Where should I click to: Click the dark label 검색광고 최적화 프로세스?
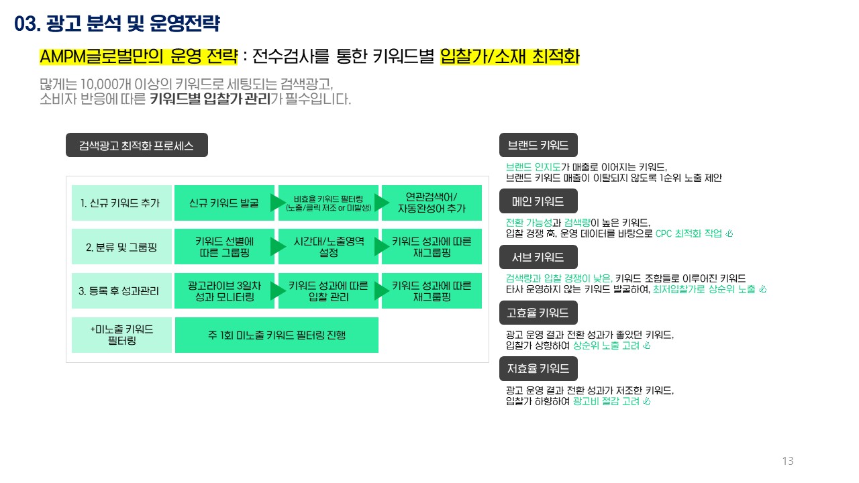137,146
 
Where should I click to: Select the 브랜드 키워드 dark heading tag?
538,146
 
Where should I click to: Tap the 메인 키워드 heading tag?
538,201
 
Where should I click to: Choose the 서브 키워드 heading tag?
538,257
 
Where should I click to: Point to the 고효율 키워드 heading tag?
538,313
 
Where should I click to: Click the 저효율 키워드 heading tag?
538,368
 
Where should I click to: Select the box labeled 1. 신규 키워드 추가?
121,203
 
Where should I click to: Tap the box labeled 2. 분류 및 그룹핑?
121,247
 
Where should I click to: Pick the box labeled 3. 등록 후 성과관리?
121,290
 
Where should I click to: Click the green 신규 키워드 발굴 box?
224,203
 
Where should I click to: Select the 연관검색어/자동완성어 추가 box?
432,203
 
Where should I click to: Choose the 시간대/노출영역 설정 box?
328,247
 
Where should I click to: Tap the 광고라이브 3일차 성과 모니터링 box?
224,290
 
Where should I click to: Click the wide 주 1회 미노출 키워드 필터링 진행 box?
276,335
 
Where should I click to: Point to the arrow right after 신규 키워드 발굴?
278,203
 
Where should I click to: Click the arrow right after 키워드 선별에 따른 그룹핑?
278,247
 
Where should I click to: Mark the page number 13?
788,461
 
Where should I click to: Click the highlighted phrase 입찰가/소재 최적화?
509,57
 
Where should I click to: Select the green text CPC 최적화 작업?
689,233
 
